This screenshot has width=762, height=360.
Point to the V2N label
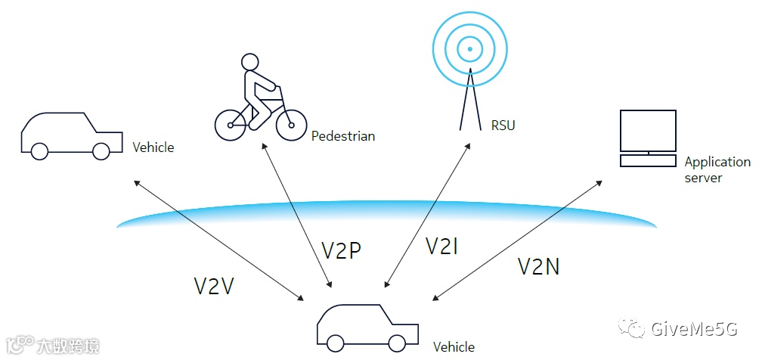tap(539, 266)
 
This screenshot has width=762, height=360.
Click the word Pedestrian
tap(343, 137)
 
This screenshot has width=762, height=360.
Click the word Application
tap(717, 162)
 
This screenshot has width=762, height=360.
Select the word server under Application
tap(703, 178)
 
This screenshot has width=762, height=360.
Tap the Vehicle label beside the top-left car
tap(153, 147)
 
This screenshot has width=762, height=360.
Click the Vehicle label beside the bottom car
tap(454, 347)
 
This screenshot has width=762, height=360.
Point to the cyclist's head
tap(249, 62)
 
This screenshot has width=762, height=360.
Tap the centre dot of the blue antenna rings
tap(469, 49)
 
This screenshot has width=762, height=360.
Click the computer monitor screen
tap(648, 130)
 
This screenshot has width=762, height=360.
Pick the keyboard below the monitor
tap(648, 161)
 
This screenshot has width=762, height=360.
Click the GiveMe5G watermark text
tap(692, 329)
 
